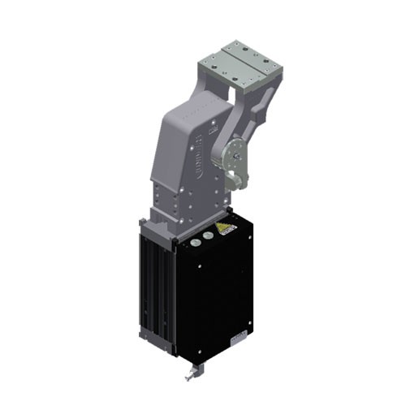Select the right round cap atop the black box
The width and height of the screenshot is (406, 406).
click(x=208, y=235)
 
